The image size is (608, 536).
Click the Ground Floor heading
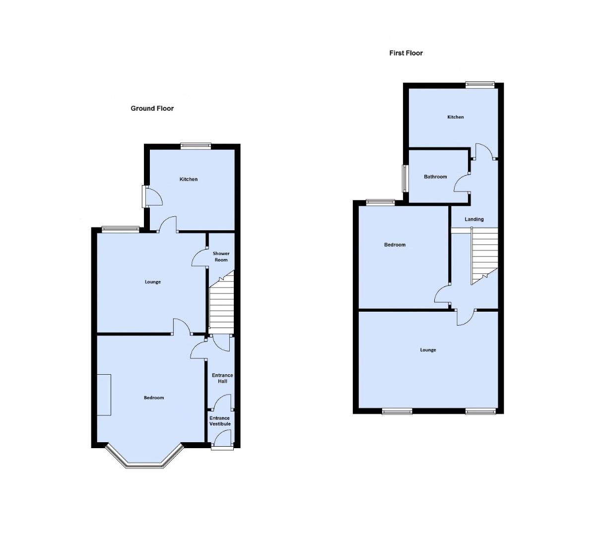pos(152,108)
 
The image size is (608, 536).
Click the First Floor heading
pos(406,53)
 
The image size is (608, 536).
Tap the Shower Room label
pos(221,257)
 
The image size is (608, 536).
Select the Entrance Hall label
pos(222,378)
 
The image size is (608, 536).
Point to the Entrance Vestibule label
pos(220,421)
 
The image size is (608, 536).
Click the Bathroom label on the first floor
pos(435,177)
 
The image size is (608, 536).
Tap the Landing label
pos(474,219)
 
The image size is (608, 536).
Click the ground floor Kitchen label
pos(189,179)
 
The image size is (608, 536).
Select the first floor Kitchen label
pos(456,117)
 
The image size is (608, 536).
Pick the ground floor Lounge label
pos(153,282)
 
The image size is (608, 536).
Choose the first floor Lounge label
pos(428,350)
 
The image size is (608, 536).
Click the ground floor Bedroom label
pos(154,398)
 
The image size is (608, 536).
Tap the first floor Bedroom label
pos(395,245)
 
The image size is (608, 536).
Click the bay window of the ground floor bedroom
pos(144,462)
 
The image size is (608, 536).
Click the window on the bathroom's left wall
pos(405,178)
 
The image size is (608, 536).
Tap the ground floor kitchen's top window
pos(196,146)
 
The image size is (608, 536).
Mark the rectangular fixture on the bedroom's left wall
pos(104,395)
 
